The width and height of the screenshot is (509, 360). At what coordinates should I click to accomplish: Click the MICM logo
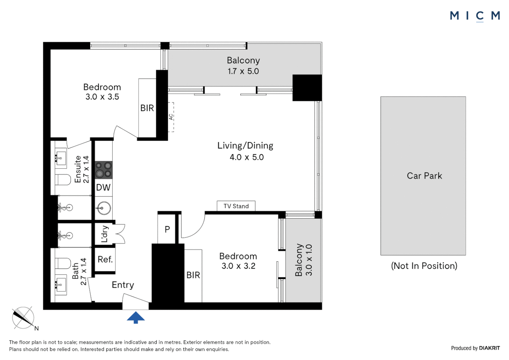click(475, 16)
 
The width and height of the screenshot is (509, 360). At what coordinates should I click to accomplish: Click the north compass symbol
click(23, 318)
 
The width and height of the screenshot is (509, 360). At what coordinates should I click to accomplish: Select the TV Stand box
click(236, 206)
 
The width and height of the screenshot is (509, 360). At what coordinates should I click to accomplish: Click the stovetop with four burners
click(104, 170)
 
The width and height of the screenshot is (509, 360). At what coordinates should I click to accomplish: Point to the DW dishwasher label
click(103, 187)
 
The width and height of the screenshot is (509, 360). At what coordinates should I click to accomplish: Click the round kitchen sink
click(104, 208)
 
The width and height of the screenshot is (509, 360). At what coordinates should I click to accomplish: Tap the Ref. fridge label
click(105, 259)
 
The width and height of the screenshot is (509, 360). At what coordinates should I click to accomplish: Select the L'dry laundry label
click(104, 234)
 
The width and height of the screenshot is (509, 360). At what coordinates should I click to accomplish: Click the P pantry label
click(167, 229)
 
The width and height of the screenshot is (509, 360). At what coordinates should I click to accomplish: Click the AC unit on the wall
click(171, 117)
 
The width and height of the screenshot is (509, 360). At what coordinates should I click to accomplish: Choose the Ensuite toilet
click(63, 180)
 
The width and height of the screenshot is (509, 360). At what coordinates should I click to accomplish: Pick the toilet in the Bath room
click(63, 263)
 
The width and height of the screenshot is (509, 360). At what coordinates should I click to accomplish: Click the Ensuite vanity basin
click(61, 158)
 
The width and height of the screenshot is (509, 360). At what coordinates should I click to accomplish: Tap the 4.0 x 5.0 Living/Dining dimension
click(247, 157)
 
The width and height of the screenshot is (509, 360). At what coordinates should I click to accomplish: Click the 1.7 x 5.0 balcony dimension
click(243, 71)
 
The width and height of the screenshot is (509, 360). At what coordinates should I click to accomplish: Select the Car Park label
click(424, 176)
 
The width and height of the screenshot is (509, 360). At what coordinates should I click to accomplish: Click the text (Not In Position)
click(424, 266)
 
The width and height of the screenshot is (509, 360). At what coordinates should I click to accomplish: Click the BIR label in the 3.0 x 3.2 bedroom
click(193, 275)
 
